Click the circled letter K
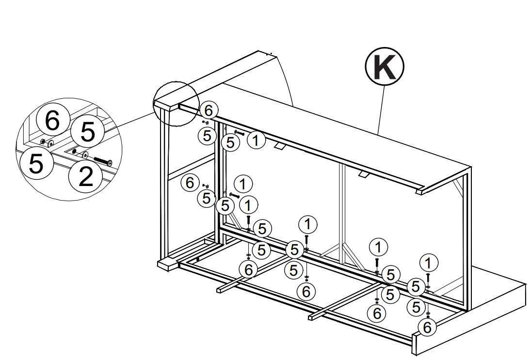[385, 68]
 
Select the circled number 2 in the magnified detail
[85, 177]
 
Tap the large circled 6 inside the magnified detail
[52, 121]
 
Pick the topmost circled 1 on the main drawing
[256, 141]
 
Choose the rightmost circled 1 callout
[427, 263]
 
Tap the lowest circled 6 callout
[427, 328]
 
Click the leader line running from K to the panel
[381, 107]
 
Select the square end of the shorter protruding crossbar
[219, 290]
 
